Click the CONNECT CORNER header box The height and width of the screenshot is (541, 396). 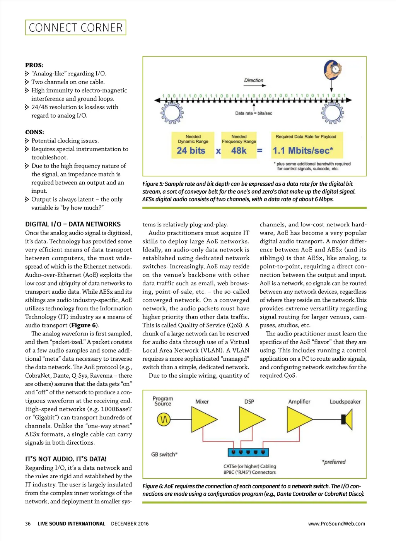75,27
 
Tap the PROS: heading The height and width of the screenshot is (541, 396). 34,65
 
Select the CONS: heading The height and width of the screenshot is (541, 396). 34,132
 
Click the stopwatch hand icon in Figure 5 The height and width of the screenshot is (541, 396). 333,70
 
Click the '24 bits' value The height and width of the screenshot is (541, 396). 191,151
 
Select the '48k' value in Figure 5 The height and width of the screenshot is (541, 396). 239,151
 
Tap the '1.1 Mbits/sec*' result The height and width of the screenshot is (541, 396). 303,151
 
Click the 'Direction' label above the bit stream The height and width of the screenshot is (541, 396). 254,80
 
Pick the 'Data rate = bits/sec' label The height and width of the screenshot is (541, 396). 254,113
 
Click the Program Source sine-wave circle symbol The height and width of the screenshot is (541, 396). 164,419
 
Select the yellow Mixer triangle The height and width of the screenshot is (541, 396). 202,419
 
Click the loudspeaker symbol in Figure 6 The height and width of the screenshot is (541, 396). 347,419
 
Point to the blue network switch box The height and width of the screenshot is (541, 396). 248,452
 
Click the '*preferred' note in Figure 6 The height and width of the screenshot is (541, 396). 334,462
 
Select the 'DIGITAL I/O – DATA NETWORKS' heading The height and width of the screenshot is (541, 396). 73,224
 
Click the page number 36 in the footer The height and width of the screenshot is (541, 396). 28,523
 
